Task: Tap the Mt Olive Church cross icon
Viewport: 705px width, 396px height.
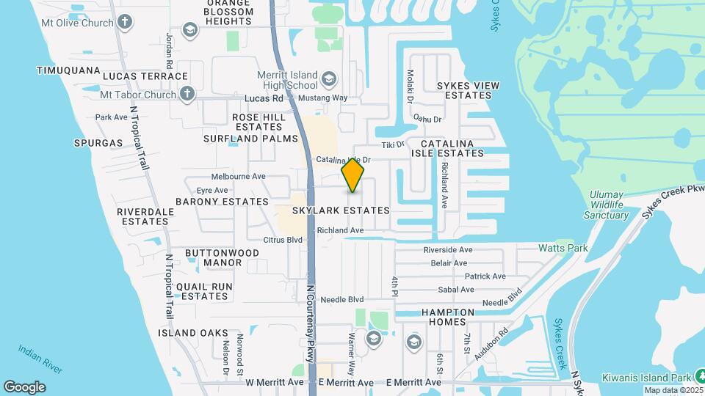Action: coord(126,22)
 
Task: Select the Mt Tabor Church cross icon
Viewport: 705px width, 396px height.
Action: coord(187,94)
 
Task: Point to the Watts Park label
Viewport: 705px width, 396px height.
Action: coord(563,248)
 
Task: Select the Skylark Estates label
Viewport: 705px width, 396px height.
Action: coord(340,210)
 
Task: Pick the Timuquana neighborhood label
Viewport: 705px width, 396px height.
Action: coord(68,70)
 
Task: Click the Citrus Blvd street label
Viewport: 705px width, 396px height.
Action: coord(283,240)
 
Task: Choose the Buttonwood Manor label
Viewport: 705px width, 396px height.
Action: coord(213,257)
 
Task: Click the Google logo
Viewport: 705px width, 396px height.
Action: coord(24,387)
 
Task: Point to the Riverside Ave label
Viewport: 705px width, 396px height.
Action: coord(447,250)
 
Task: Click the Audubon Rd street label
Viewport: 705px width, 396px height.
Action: coord(491,345)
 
